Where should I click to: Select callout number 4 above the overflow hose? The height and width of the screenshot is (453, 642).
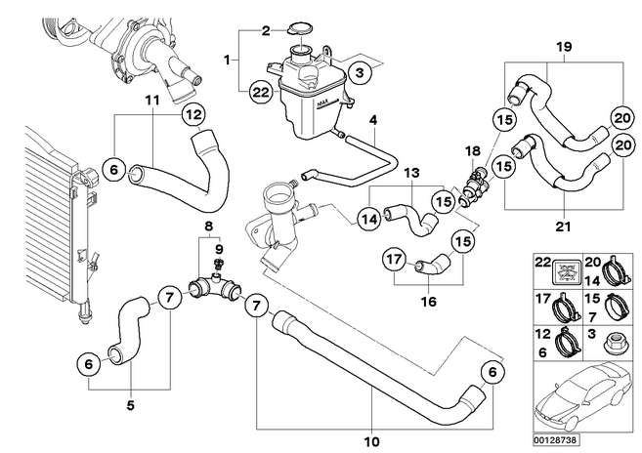coord(372,121)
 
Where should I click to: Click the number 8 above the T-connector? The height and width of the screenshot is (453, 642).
coord(208,227)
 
